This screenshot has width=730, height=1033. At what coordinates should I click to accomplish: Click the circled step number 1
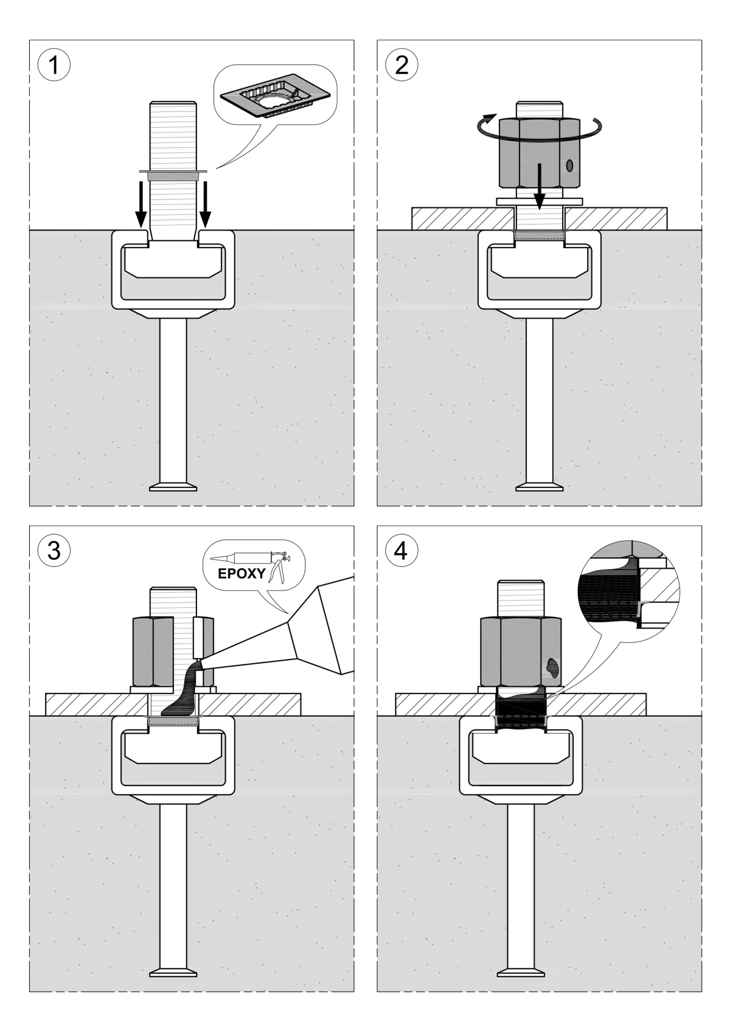click(x=54, y=64)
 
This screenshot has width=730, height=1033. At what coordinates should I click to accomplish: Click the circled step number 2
click(x=402, y=64)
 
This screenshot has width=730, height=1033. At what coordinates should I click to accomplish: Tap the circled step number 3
click(x=54, y=551)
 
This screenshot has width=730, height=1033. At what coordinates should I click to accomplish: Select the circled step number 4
click(x=402, y=551)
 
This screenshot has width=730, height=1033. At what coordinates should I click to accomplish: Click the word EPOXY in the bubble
click(x=242, y=573)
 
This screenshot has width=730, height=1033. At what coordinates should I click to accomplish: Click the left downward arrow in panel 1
click(x=141, y=204)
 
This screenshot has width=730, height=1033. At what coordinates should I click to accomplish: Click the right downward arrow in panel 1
click(x=205, y=204)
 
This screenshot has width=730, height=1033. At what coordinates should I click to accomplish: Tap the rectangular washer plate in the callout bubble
click(x=277, y=97)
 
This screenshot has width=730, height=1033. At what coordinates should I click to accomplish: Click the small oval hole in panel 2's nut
click(x=569, y=165)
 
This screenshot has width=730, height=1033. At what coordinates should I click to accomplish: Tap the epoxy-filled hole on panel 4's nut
click(x=554, y=667)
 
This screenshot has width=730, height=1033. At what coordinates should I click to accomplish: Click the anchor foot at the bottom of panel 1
click(x=173, y=487)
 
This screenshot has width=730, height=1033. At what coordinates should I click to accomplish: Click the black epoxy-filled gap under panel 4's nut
click(x=521, y=709)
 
